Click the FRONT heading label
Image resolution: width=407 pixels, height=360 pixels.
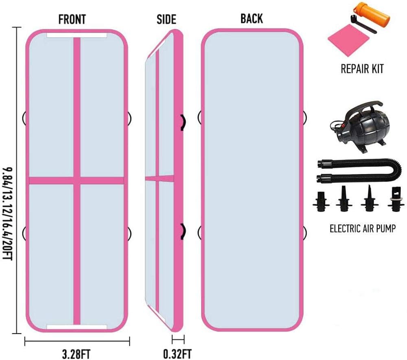[72, 19]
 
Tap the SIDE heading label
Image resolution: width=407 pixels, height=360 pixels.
[166, 19]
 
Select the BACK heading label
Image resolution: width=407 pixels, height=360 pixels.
[252, 18]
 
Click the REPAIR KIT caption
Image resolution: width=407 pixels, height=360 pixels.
[362, 69]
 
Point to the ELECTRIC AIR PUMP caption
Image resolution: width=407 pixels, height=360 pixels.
[363, 228]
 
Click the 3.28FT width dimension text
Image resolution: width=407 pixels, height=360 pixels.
[77, 354]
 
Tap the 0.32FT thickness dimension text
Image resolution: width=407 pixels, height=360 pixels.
[177, 354]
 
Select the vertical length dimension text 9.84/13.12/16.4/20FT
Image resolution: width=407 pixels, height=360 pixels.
[7, 213]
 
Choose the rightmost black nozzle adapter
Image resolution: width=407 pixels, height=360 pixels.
[396, 199]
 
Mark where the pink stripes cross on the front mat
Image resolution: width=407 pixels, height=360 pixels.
[77, 180]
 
